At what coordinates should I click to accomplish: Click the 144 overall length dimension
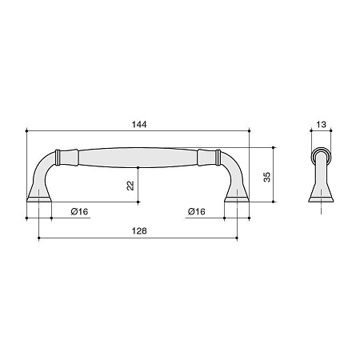click(x=139, y=125)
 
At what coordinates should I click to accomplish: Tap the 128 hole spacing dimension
click(x=139, y=230)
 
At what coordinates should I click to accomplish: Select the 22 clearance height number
click(x=130, y=186)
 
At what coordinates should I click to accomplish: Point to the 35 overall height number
click(x=267, y=177)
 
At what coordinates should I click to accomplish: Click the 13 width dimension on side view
click(x=321, y=125)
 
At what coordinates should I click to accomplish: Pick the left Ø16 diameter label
click(x=79, y=211)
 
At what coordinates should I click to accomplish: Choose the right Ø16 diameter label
click(x=197, y=211)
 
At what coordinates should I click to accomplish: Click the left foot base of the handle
click(x=39, y=199)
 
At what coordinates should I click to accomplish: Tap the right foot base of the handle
click(x=237, y=199)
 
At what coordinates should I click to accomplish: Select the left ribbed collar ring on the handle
click(x=57, y=157)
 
